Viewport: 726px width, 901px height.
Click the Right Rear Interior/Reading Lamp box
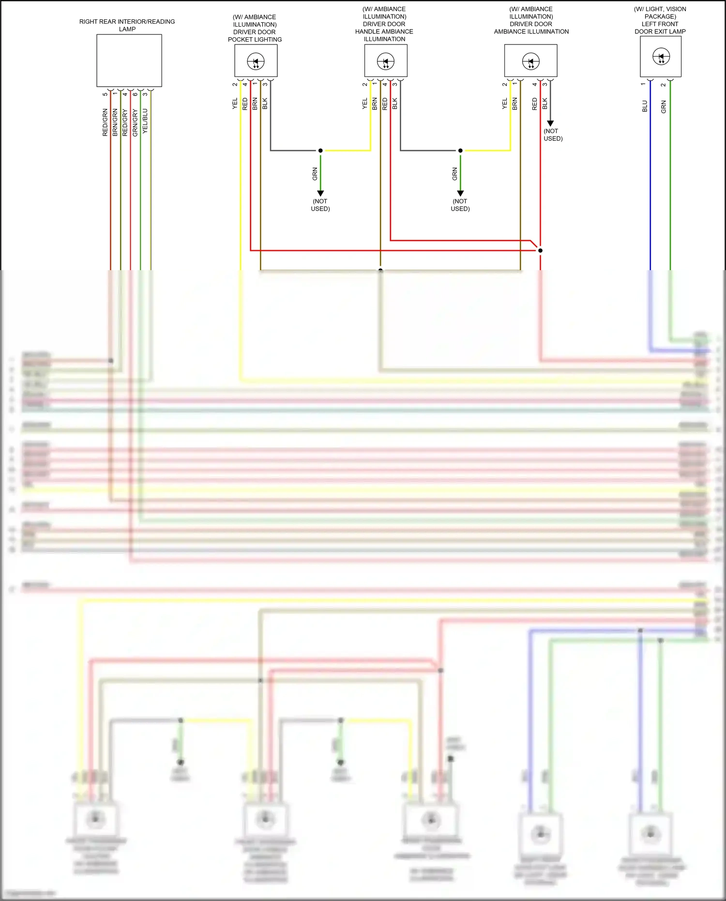click(129, 61)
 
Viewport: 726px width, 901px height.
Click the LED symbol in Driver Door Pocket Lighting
click(256, 61)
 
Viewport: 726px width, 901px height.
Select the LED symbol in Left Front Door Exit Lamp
click(661, 57)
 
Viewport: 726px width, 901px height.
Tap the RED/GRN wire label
click(105, 122)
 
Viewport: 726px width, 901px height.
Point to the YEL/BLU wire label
click(145, 122)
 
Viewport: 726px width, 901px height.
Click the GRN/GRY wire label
click(135, 122)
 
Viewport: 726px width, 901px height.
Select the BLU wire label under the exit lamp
click(645, 107)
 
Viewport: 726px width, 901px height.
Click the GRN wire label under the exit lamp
click(664, 107)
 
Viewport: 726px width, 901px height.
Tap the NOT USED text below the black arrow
click(553, 135)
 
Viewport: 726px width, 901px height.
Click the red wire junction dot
click(540, 250)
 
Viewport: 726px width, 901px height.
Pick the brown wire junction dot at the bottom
click(380, 270)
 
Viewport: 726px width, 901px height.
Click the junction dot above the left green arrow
click(320, 151)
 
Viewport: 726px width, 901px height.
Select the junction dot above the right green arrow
click(460, 151)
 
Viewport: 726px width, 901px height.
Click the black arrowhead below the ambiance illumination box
click(550, 123)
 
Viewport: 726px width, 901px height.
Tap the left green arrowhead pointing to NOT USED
click(320, 193)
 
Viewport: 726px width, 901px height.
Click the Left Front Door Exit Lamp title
click(660, 20)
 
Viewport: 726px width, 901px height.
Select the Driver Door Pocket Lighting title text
click(255, 28)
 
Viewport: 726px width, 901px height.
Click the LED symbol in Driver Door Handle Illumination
click(386, 61)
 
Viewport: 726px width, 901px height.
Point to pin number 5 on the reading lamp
click(105, 94)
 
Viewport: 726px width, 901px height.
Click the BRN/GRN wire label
click(115, 122)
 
